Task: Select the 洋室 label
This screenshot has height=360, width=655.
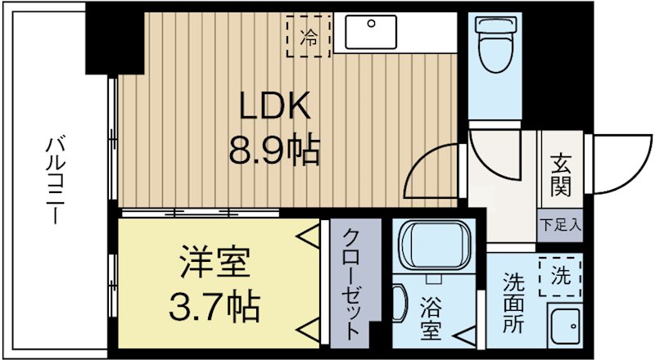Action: pyautogui.click(x=215, y=263)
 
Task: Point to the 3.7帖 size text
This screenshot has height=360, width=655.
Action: pyautogui.click(x=215, y=308)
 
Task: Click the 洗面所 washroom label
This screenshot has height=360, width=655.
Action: pyautogui.click(x=513, y=302)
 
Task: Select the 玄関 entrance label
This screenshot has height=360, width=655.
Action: pyautogui.click(x=560, y=173)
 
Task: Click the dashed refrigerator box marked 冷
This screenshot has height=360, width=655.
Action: pyautogui.click(x=309, y=35)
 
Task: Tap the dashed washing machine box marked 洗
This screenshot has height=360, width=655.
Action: pyautogui.click(x=560, y=277)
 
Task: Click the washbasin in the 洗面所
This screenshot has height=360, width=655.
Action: pyautogui.click(x=564, y=326)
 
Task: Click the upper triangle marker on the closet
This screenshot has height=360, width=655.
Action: pyautogui.click(x=309, y=238)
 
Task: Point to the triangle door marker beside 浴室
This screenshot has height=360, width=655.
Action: pyautogui.click(x=463, y=334)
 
